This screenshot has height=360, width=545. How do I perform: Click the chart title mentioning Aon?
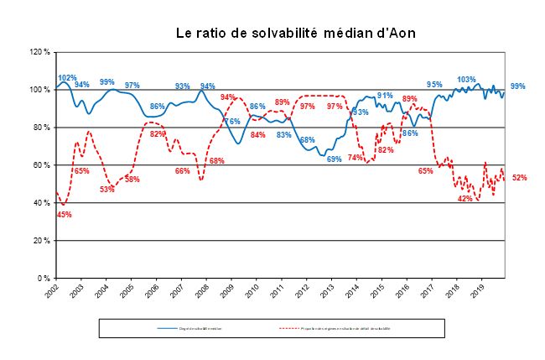pos(295,33)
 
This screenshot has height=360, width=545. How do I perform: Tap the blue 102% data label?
pos(68,78)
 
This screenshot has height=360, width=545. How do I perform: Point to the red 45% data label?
pos(64,214)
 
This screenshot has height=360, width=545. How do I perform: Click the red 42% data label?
pos(465,199)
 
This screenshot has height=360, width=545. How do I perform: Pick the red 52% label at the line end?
pos(519,178)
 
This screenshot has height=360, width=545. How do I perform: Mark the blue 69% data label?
pos(334,159)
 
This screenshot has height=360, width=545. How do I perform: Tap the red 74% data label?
pos(356,157)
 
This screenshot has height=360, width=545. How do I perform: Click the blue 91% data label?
pos(385,96)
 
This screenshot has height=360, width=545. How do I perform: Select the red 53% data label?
pos(107,190)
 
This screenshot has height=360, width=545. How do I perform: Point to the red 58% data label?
pos(132,180)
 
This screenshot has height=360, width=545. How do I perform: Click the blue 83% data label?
pos(284,134)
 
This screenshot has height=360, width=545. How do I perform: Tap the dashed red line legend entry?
pos(335,328)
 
